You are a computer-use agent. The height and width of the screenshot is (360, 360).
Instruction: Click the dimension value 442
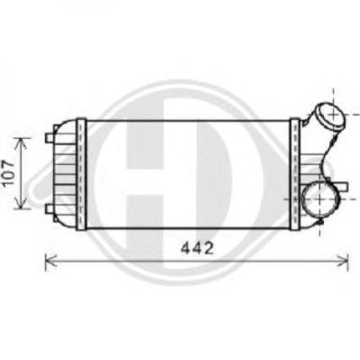(197, 248)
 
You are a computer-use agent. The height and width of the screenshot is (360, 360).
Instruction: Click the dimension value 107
(9, 173)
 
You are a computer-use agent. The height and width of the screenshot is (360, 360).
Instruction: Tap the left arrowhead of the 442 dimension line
(51, 261)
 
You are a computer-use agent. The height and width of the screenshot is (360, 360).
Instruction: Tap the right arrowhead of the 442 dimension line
(343, 261)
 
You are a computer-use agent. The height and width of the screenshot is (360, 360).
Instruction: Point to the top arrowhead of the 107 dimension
(20, 143)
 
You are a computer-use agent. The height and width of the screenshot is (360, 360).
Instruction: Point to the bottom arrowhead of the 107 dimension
(20, 202)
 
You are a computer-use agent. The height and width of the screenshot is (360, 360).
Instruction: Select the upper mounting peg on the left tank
(49, 138)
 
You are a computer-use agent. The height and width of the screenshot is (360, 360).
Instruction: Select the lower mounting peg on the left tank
(49, 208)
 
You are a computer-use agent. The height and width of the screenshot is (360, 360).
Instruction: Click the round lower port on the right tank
(319, 199)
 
